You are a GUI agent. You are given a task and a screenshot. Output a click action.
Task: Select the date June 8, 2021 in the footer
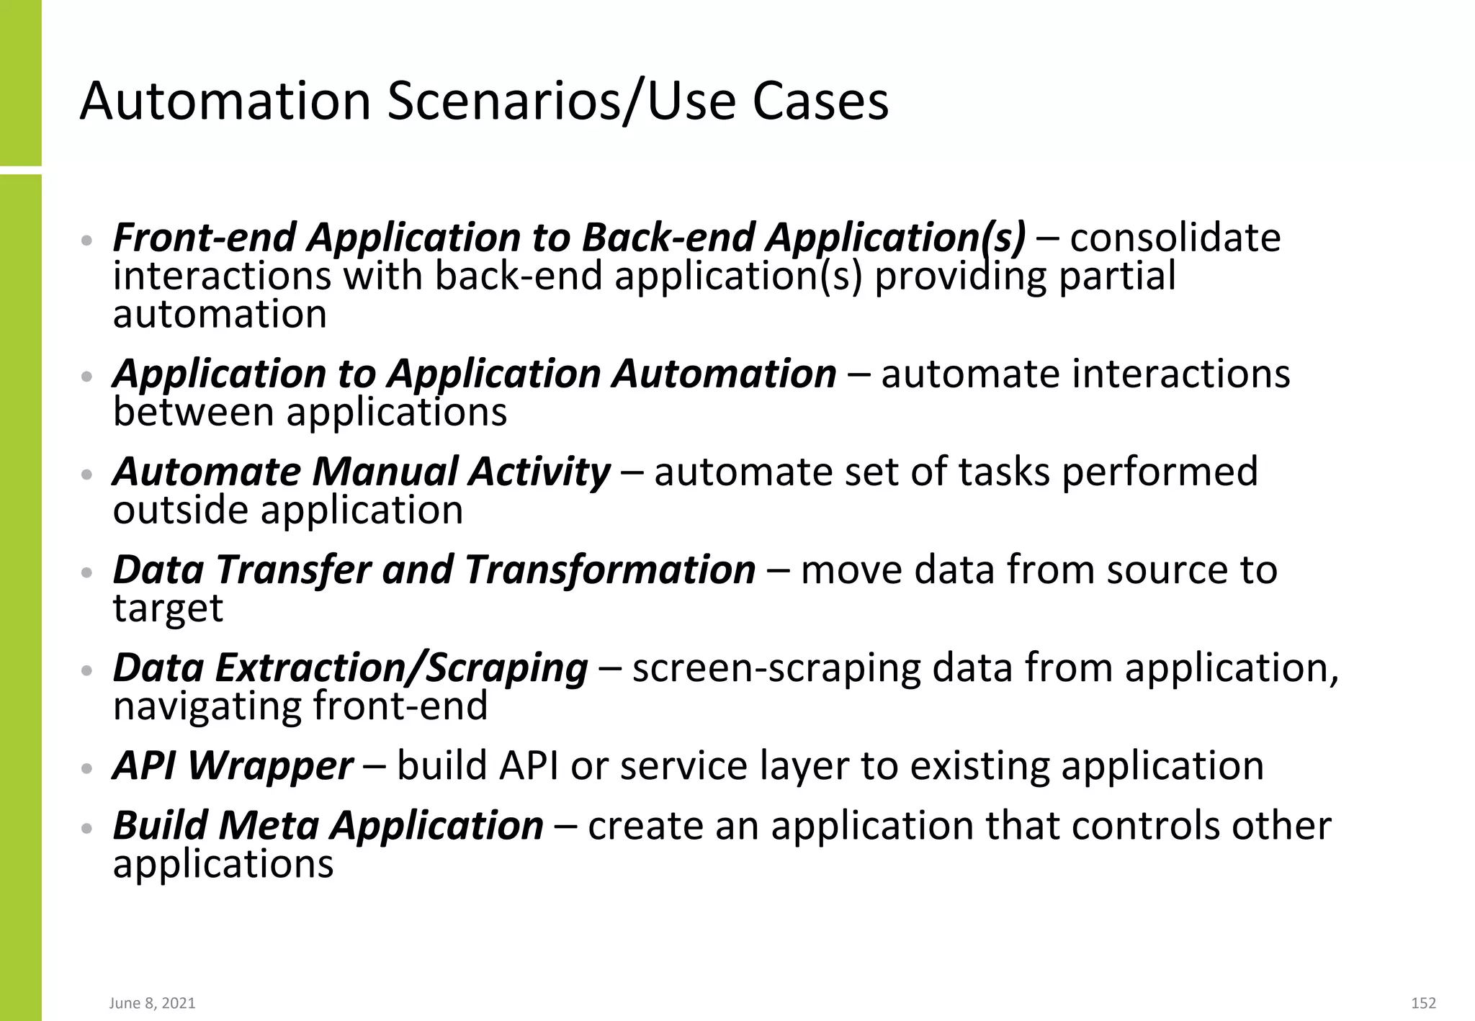click(x=152, y=1003)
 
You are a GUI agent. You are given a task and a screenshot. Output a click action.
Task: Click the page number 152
click(x=1423, y=1003)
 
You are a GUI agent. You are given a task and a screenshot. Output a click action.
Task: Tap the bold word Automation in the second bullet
click(x=724, y=374)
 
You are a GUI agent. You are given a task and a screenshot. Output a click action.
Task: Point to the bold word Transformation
click(x=610, y=570)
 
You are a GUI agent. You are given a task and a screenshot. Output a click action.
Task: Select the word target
click(x=168, y=608)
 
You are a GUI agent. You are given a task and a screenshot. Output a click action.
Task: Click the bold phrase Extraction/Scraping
click(x=401, y=667)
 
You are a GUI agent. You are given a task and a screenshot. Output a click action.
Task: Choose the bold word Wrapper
click(x=271, y=765)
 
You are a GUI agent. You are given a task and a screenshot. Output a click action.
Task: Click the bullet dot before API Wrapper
click(x=86, y=768)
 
